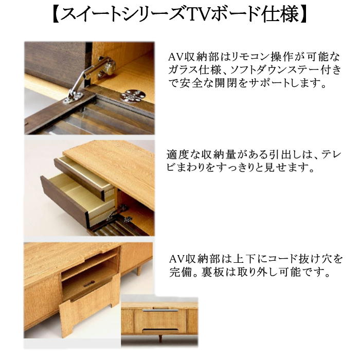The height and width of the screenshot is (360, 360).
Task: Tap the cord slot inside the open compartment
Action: [x=87, y=282]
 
